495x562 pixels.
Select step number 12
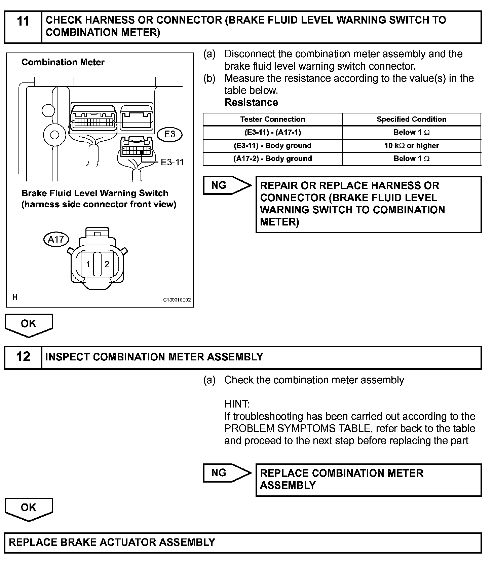(x=23, y=357)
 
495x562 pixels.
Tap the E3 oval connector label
(x=169, y=134)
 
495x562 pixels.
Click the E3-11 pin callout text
(x=172, y=162)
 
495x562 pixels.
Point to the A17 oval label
(x=56, y=239)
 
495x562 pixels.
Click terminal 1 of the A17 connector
(x=88, y=264)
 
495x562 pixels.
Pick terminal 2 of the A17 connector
(x=107, y=264)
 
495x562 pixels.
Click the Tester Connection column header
(x=272, y=119)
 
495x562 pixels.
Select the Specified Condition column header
(x=411, y=119)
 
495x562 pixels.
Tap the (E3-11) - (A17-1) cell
(x=272, y=132)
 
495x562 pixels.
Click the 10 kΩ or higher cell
(x=411, y=145)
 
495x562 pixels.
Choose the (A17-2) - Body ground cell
(x=272, y=159)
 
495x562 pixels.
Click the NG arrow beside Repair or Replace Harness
(x=227, y=185)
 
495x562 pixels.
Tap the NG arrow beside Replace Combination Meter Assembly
(x=227, y=473)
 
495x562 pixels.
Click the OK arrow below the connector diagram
(x=29, y=324)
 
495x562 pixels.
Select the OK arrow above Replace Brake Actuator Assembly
(x=29, y=508)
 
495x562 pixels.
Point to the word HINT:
(x=237, y=404)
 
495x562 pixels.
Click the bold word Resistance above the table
(x=251, y=102)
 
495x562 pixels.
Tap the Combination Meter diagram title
(x=63, y=62)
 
